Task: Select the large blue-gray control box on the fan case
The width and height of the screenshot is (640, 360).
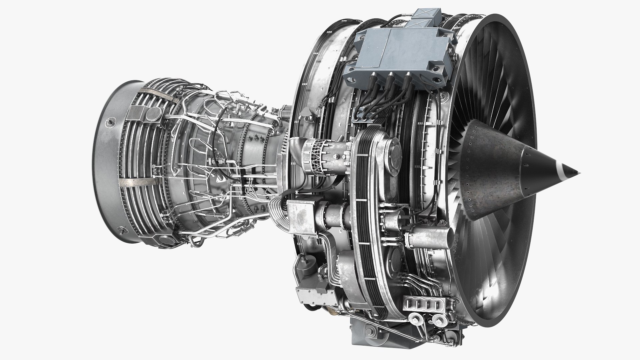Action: [x=400, y=53]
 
